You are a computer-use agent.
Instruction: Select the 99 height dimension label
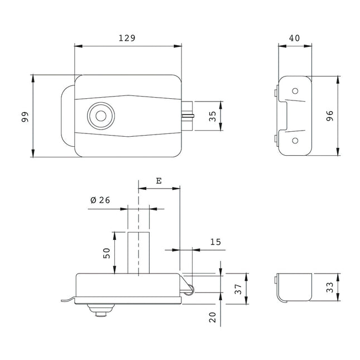click(25, 116)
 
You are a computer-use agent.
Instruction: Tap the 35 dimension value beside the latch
click(212, 116)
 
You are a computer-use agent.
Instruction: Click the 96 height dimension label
click(329, 116)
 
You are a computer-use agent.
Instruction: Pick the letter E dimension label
click(159, 181)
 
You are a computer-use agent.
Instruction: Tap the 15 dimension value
click(215, 242)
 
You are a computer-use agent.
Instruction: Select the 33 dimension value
click(329, 287)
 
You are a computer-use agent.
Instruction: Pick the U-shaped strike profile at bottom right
click(294, 287)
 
